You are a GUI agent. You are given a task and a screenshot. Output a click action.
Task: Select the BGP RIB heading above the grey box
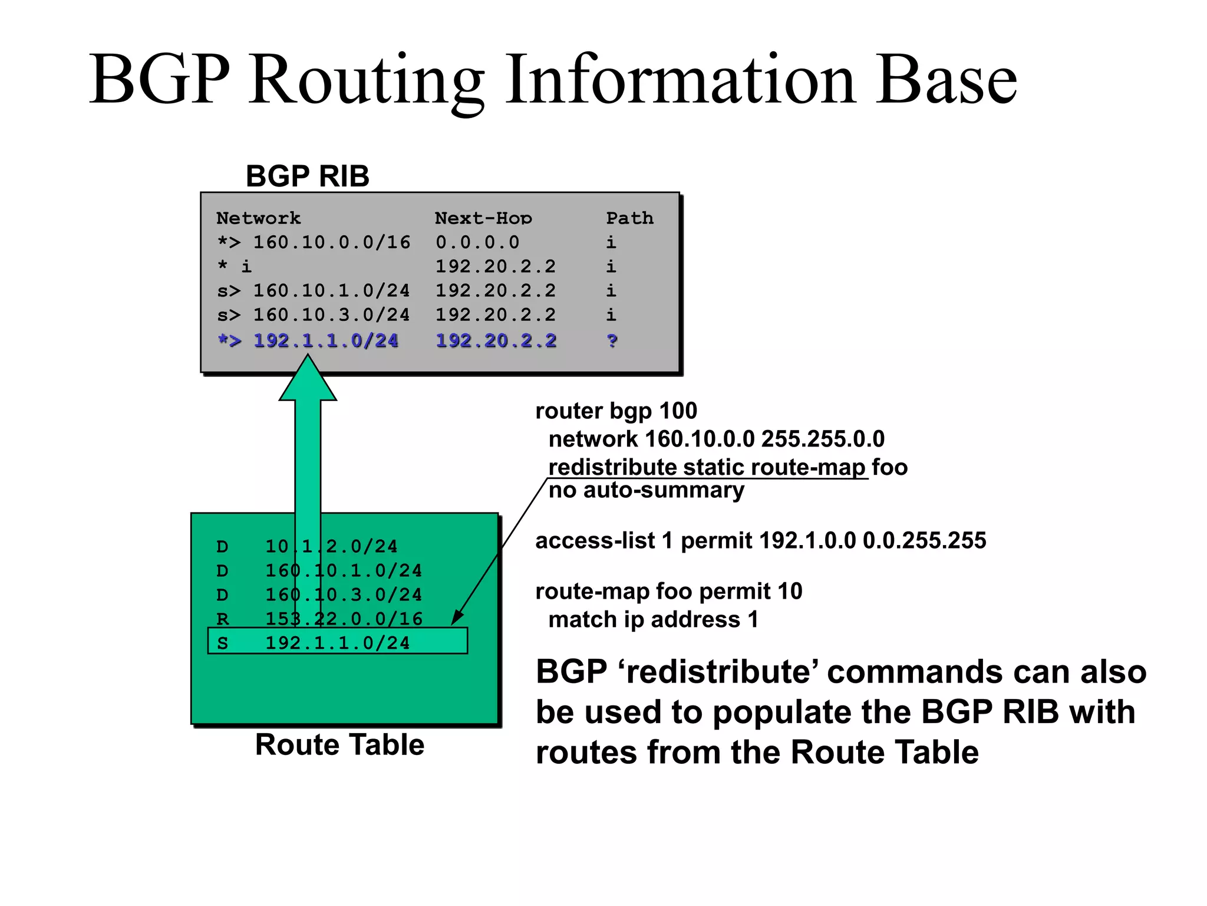pos(307,176)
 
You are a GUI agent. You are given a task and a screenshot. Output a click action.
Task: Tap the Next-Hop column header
pos(483,218)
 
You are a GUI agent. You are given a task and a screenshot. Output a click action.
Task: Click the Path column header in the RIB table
pos(629,218)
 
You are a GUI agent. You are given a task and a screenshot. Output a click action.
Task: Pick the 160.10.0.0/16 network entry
pos(331,242)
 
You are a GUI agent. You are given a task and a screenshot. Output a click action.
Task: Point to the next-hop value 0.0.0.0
pos(477,242)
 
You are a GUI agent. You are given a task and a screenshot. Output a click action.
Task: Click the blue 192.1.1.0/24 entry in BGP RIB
pos(325,341)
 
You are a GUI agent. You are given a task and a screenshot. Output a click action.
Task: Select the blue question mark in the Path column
pos(612,341)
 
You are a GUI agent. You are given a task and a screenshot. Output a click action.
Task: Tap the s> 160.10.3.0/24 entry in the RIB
pos(314,315)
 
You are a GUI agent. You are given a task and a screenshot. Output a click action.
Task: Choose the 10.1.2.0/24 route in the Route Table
pos(331,547)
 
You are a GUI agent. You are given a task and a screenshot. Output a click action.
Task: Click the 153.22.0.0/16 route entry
pos(344,619)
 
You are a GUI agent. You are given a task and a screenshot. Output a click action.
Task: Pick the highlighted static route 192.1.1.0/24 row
pos(337,642)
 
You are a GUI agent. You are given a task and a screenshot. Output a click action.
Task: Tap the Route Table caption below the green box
pos(339,744)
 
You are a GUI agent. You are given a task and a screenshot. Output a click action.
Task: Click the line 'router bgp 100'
pos(616,411)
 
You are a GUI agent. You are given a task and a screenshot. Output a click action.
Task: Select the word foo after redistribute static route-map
pos(889,467)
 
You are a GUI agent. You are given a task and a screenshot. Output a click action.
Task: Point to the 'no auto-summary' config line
pos(646,490)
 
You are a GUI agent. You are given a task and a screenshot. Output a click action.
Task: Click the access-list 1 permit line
pos(760,540)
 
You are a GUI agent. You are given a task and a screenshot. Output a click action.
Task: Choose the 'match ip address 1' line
pos(653,620)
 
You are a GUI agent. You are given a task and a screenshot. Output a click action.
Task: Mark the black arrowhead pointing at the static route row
pos(457,618)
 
